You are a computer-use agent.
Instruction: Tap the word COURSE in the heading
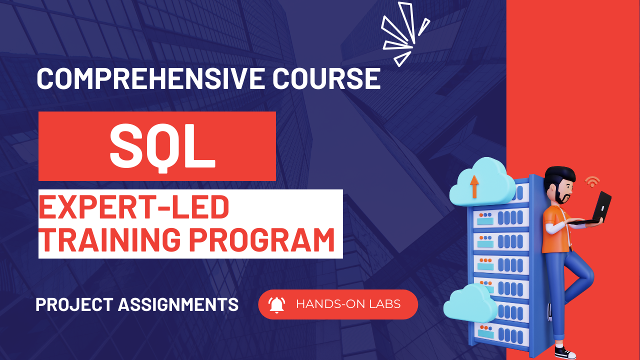pos(326,78)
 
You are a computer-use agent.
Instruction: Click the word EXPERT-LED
pos(133,207)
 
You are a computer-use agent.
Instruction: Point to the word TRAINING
pos(110,239)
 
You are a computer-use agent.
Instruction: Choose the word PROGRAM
pos(262,239)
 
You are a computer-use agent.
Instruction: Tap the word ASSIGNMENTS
pos(178,304)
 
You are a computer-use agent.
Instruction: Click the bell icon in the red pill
pos(276,305)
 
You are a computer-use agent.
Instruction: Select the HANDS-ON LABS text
pos(348,304)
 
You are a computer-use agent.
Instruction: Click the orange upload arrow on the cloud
pos(474,186)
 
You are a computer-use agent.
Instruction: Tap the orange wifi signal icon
pos(592,181)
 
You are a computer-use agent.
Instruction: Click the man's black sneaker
pos(565,352)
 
